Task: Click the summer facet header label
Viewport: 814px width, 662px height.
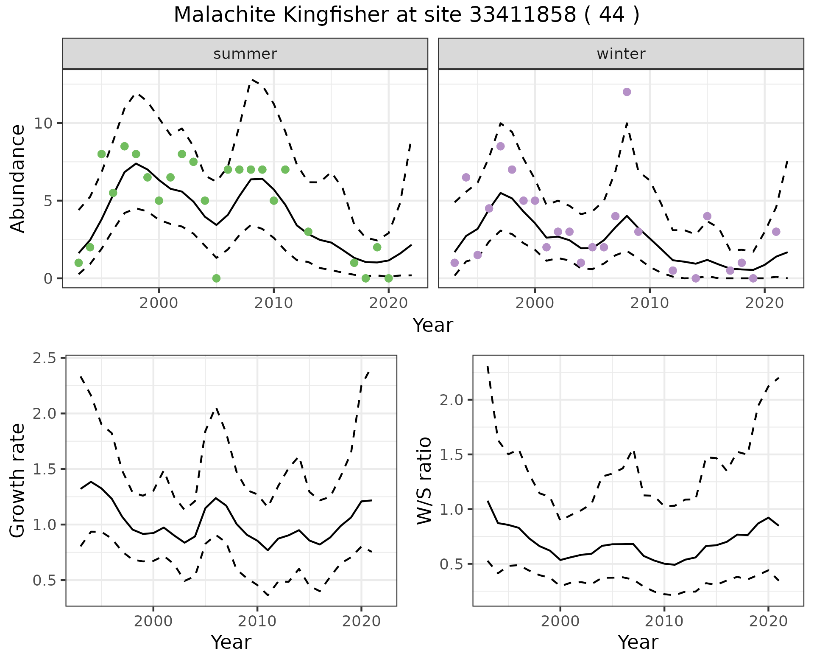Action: tap(245, 54)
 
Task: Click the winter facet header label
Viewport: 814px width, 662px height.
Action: tap(621, 54)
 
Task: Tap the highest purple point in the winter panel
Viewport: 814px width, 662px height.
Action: tap(627, 92)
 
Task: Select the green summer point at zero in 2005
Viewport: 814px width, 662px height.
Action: tap(216, 278)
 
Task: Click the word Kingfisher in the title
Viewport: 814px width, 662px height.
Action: tap(335, 15)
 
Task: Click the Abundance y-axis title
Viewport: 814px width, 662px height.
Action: tap(18, 179)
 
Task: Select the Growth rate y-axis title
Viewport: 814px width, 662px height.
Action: tap(18, 481)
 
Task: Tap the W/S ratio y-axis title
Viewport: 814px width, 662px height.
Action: tap(424, 481)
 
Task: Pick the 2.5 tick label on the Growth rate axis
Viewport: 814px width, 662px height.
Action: tap(44, 359)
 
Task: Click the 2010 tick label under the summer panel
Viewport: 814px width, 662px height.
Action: tap(273, 303)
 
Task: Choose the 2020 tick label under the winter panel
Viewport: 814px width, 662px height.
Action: tap(764, 303)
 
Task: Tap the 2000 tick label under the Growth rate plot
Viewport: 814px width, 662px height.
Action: tap(153, 621)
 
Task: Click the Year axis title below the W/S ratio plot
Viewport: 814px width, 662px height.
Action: tap(638, 642)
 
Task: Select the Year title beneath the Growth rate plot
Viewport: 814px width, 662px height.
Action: tap(231, 642)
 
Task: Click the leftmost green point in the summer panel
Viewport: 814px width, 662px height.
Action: tap(78, 263)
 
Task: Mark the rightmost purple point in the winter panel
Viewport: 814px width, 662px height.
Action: tap(776, 232)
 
